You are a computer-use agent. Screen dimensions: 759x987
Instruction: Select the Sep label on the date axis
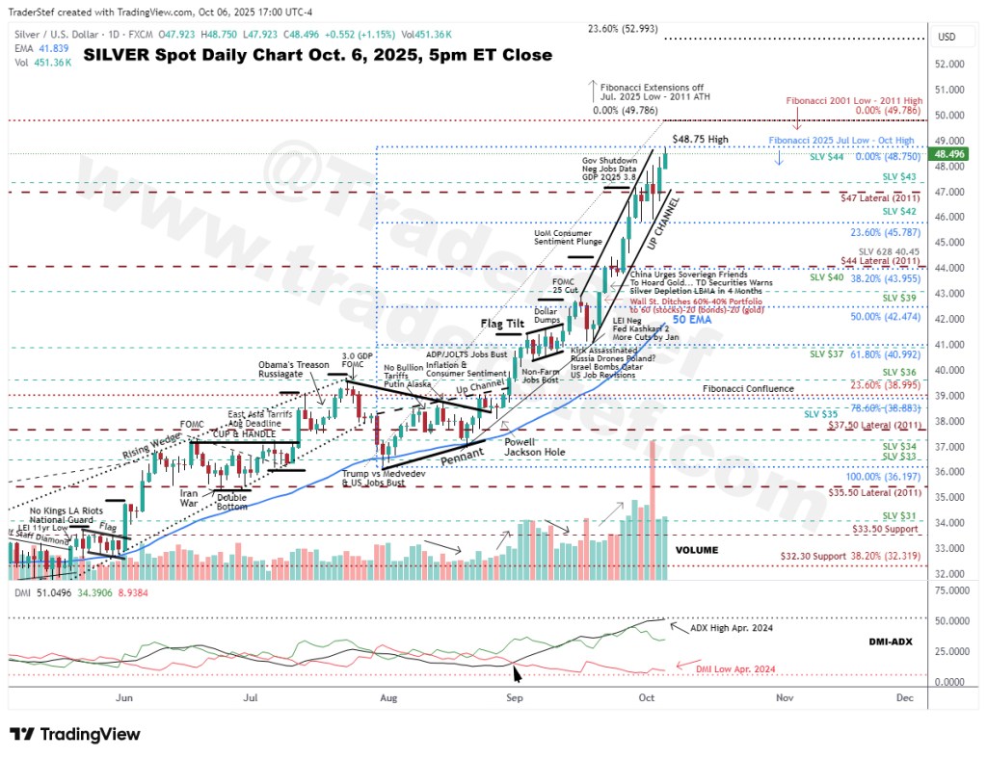[515, 696]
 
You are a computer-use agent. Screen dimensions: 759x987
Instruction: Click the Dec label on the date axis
[904, 696]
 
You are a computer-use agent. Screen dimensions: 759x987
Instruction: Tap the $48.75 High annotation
[700, 140]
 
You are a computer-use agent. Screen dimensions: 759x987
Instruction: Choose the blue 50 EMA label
[693, 319]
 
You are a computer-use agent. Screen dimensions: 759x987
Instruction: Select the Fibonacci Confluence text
[748, 389]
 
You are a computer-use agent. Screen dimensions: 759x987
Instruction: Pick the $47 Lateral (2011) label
[880, 196]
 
